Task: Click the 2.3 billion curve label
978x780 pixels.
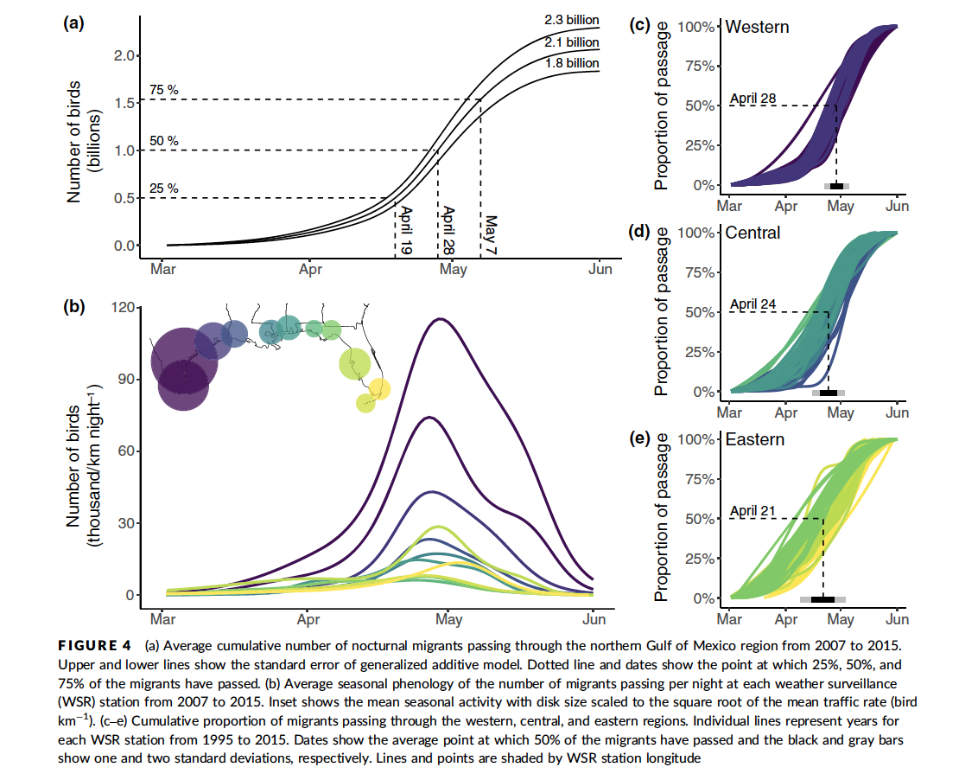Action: click(571, 20)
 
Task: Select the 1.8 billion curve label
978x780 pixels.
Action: click(571, 63)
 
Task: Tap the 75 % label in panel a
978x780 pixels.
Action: click(164, 90)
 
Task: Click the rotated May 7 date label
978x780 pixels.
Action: click(490, 233)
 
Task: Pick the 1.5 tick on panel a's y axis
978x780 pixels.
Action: click(125, 104)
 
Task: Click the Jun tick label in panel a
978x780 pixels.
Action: click(600, 270)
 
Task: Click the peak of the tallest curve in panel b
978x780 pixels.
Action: click(441, 319)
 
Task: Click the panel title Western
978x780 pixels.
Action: click(757, 27)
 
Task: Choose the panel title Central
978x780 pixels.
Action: click(753, 233)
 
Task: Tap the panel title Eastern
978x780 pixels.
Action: click(755, 439)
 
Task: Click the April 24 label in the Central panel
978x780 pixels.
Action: click(753, 304)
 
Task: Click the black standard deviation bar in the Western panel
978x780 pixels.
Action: click(836, 186)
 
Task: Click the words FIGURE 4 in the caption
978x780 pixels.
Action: click(94, 644)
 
